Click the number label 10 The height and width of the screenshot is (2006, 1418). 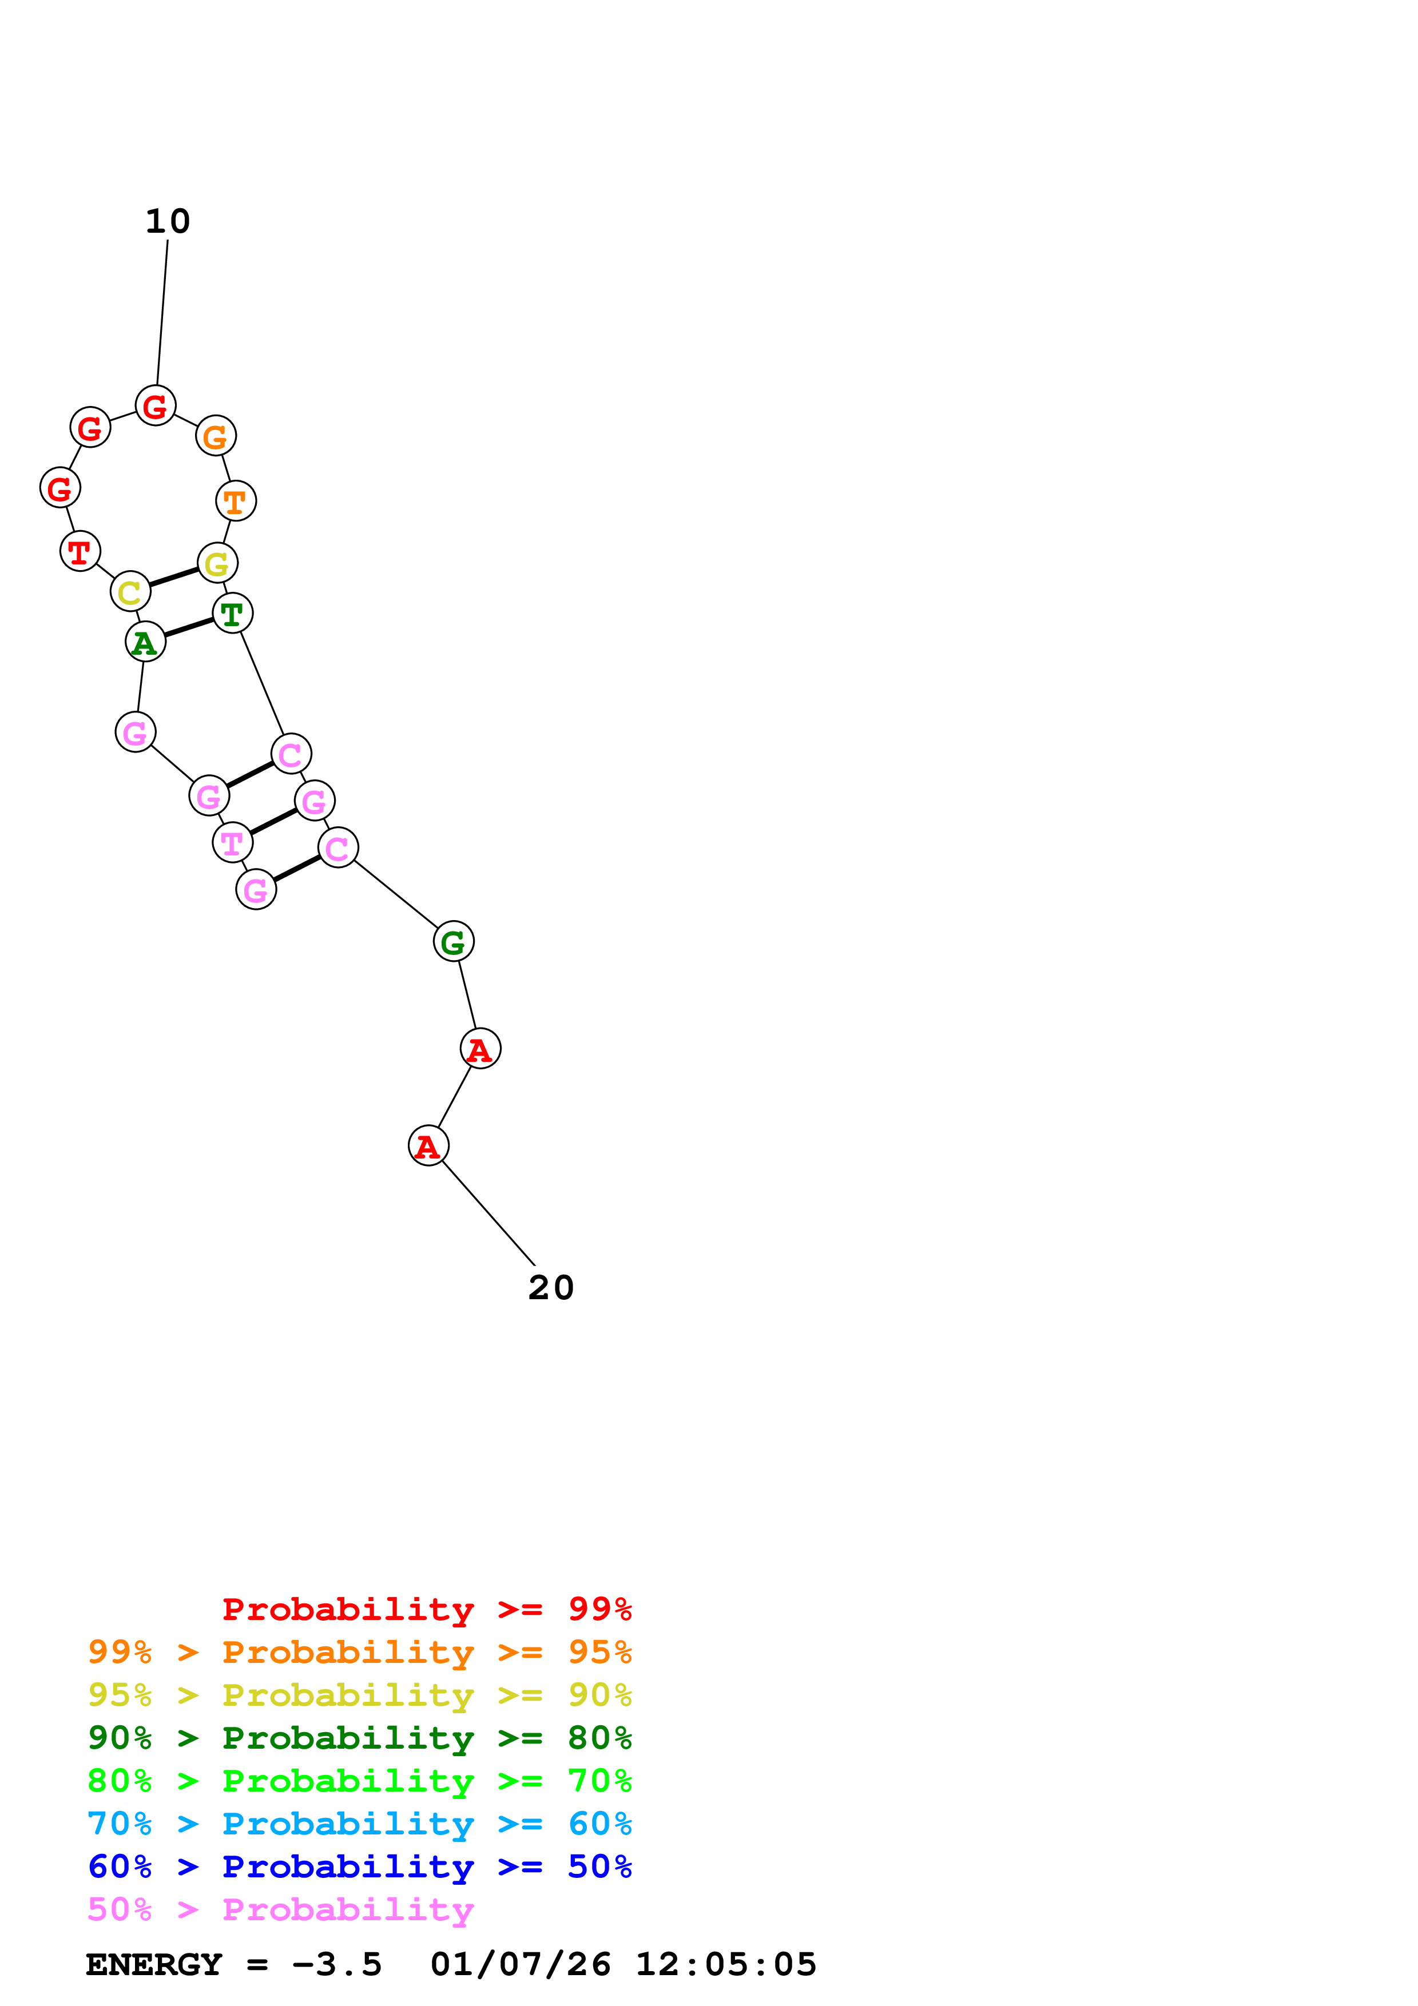pyautogui.click(x=168, y=222)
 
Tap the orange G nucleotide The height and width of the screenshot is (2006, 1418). pyautogui.click(x=216, y=436)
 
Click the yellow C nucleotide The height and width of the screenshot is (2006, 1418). pyautogui.click(x=130, y=592)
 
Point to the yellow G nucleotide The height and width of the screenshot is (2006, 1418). pyautogui.click(x=217, y=563)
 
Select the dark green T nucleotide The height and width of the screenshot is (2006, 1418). pyautogui.click(x=232, y=614)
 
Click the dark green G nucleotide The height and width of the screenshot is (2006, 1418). pyautogui.click(x=454, y=942)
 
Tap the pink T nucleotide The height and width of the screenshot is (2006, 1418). pyautogui.click(x=232, y=843)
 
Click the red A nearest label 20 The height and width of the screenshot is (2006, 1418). pyautogui.click(x=428, y=1145)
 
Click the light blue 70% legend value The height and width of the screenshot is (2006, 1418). pyautogui.click(x=119, y=1824)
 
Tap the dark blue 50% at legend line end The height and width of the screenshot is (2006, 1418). pyautogui.click(x=599, y=1866)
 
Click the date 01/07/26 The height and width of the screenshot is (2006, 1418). pyautogui.click(x=520, y=1964)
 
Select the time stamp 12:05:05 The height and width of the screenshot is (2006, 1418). pyautogui.click(x=725, y=1964)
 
